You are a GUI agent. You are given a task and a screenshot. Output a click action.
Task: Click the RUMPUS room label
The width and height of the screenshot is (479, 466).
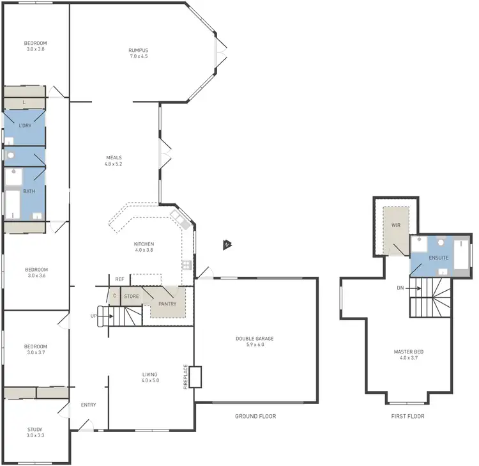pos(139,49)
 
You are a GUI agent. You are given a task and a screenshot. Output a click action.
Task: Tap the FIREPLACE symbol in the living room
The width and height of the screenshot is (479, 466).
pos(195,377)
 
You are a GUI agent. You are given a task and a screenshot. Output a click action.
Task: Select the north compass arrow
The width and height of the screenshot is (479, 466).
pos(227,245)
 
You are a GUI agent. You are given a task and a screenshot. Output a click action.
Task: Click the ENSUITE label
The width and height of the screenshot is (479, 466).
pos(438,258)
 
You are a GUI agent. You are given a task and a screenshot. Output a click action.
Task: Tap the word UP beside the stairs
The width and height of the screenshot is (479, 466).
pos(93,316)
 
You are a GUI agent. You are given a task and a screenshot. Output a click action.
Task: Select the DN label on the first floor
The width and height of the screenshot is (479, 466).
pos(400,288)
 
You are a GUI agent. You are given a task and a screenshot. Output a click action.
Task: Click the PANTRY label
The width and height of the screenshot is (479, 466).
pos(167,304)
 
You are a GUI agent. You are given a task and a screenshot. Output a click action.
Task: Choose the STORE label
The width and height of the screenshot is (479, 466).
pos(132,297)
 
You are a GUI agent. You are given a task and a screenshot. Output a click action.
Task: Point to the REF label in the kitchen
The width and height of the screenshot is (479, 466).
pos(119,279)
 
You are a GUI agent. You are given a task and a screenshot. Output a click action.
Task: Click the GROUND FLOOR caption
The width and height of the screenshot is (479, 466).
pos(255,416)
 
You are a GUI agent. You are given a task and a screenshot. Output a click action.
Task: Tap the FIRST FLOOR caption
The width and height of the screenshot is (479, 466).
pos(407,416)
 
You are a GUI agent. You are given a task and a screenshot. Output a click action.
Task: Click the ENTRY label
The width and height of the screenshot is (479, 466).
pos(88,405)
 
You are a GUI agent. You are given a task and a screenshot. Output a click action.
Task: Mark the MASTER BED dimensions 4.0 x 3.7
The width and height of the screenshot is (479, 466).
pos(409,359)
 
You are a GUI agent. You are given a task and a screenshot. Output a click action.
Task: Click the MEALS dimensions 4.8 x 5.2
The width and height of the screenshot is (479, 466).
pos(113,164)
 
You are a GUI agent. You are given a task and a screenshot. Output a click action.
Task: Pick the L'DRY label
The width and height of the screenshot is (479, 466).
pos(25,126)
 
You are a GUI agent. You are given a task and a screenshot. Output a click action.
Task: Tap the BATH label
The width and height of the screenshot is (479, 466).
pos(29,191)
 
